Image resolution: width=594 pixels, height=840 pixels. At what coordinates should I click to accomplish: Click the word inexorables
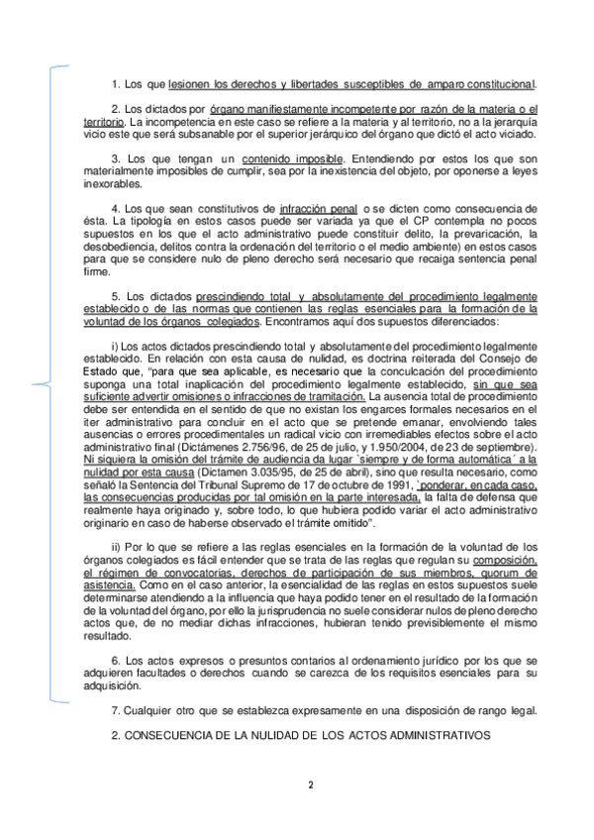pos(113,183)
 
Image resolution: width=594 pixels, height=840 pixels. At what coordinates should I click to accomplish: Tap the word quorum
pos(507,573)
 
